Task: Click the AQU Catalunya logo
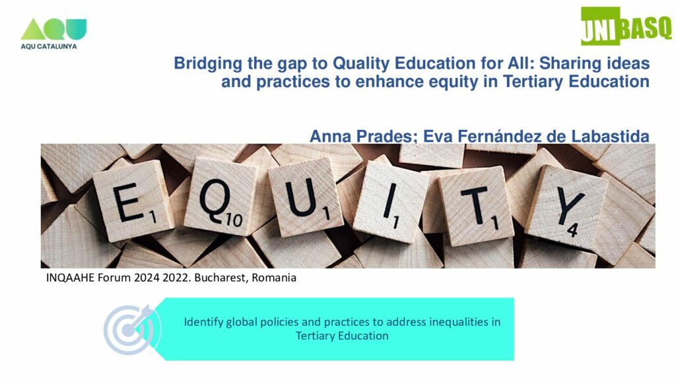[53, 34]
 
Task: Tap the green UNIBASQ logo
[626, 26]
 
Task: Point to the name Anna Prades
[364, 136]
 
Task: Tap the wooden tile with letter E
[133, 201]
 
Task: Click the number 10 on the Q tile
[234, 220]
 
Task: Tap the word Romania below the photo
[274, 278]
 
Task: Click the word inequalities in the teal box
[459, 322]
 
